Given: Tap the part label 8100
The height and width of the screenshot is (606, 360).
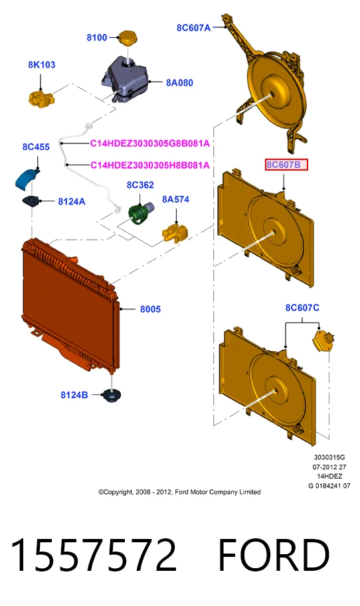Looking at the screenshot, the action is point(97,37).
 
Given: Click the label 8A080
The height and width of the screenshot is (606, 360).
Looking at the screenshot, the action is point(179,82).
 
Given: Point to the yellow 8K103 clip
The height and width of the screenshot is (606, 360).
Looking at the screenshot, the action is point(41,98).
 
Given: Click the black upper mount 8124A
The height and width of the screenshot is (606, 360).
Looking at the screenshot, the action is point(31,201).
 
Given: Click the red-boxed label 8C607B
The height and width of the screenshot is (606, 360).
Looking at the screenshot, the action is point(286,165).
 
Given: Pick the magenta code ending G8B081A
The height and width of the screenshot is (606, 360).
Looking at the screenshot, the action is point(150,143).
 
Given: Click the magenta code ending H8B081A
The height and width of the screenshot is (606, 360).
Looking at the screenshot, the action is point(150,165).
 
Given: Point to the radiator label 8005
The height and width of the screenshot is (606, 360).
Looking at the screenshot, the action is point(150,309).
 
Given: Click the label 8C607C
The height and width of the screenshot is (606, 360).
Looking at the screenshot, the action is point(302,307).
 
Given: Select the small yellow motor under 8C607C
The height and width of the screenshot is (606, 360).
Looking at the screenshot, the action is point(323,341).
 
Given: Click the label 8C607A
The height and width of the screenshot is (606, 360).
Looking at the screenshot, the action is point(194,27).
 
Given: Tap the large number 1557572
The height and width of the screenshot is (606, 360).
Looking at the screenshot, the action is point(93,555).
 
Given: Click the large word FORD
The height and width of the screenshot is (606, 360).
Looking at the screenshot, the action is point(274,555).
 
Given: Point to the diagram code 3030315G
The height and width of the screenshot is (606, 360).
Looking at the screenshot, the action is point(329,457).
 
